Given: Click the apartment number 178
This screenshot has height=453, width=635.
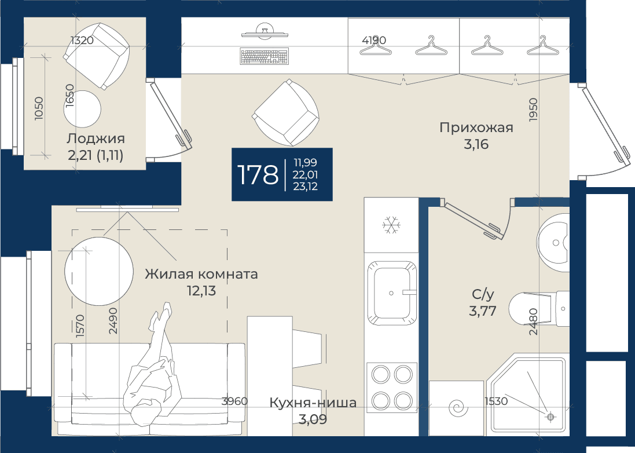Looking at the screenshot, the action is [x=258, y=174].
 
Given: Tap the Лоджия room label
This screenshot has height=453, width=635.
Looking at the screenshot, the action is [x=96, y=138].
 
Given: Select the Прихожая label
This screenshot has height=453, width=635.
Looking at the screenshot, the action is [x=476, y=127].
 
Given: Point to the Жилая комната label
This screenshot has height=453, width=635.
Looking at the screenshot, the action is [x=201, y=274].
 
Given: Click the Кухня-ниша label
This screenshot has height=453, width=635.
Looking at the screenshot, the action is [x=313, y=403].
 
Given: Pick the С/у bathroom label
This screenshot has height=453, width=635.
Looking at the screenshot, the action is [x=483, y=295].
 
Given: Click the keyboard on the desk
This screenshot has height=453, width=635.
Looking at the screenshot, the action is [x=265, y=56].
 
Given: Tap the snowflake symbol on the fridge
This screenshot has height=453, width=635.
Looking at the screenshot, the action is [x=391, y=225].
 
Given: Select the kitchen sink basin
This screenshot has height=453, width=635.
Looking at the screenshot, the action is [x=392, y=293].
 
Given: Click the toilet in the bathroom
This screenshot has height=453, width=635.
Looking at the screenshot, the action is [x=538, y=308].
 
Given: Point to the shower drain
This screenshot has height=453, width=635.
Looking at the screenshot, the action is [x=550, y=416].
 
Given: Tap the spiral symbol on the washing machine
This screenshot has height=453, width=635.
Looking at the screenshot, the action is [x=458, y=408].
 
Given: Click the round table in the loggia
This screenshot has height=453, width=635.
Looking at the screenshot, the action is [x=82, y=108].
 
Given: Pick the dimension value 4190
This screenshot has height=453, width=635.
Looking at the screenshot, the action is [x=374, y=40].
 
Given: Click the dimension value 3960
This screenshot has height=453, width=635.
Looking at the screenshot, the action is [x=234, y=401].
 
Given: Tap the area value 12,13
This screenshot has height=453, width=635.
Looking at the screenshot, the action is [x=201, y=291].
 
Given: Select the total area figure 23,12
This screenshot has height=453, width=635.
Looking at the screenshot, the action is [x=306, y=187].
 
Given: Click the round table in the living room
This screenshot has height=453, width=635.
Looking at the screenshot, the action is [x=99, y=272].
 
